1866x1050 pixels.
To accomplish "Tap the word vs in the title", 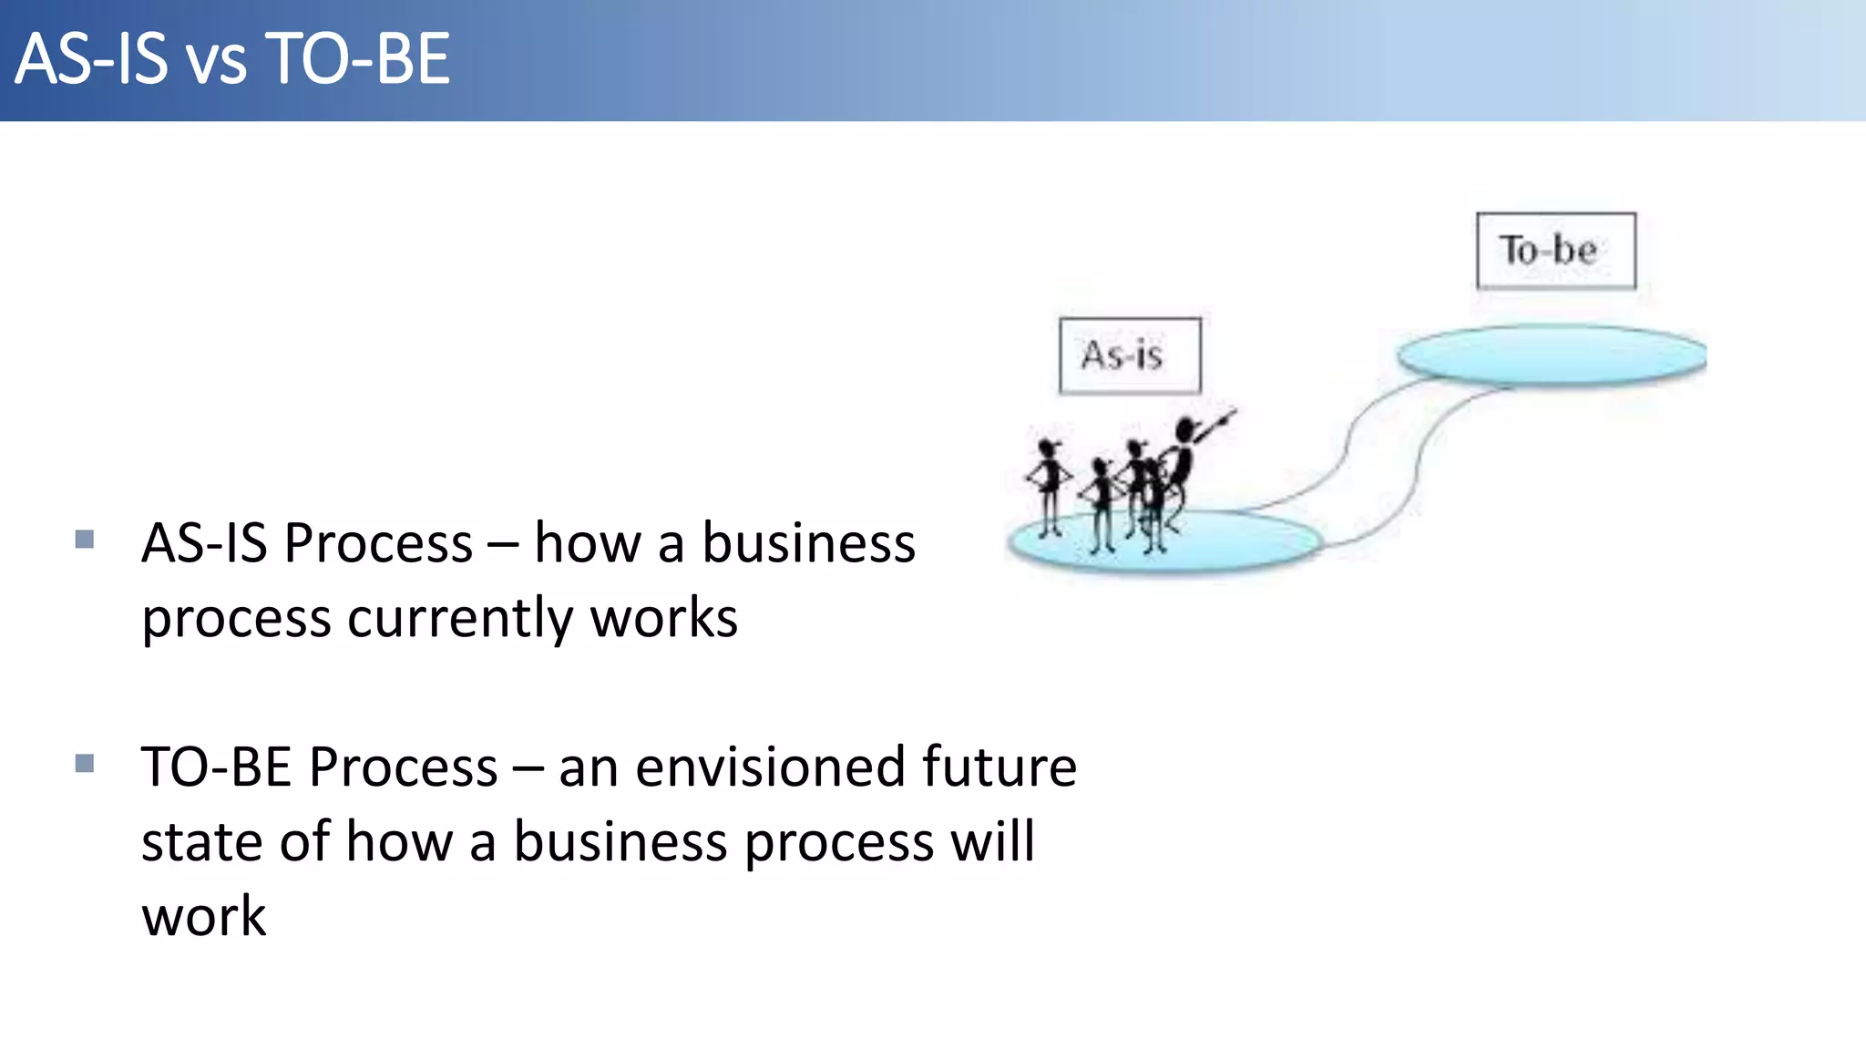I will [x=217, y=62].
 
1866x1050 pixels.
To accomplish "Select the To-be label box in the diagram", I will [x=1555, y=251].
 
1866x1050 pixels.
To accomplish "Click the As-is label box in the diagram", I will [x=1130, y=355].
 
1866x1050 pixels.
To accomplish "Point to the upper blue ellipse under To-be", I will [x=1551, y=355].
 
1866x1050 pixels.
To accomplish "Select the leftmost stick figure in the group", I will [x=1049, y=483].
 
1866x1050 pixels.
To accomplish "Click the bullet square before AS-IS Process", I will [x=85, y=540].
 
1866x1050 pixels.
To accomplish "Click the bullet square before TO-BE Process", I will [x=85, y=763].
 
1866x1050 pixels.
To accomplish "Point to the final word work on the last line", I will [x=203, y=916].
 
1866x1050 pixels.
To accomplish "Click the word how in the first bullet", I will [x=587, y=544].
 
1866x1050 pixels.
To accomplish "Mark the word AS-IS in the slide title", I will [x=92, y=59].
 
